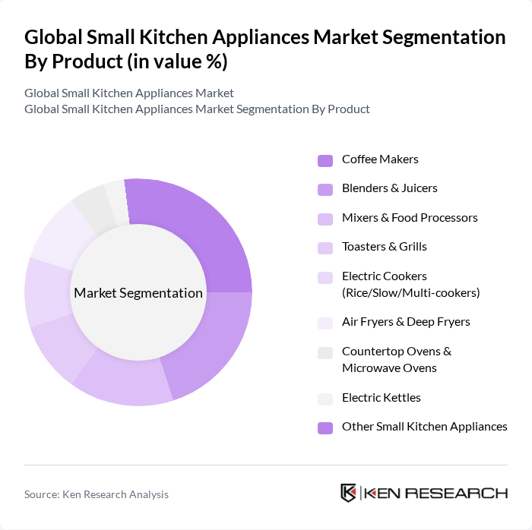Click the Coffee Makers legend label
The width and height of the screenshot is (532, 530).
tap(380, 159)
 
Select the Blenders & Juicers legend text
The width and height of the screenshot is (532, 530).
tap(389, 188)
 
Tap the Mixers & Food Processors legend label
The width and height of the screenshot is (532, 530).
tap(410, 218)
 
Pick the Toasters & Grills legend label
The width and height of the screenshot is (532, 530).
tap(384, 247)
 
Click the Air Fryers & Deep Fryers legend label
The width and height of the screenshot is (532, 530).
tap(406, 322)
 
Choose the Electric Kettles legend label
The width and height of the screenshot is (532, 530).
tap(381, 398)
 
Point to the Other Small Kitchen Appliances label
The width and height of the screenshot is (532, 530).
tap(424, 427)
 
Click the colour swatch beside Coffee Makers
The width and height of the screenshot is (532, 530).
tap(325, 160)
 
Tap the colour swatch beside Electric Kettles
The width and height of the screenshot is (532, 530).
tap(325, 399)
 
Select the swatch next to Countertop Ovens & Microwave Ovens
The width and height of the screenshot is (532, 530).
tap(325, 352)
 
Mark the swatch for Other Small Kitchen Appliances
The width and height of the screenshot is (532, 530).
tap(325, 427)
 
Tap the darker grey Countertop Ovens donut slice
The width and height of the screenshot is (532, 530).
tap(92, 206)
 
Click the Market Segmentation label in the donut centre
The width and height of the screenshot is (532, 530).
tap(138, 293)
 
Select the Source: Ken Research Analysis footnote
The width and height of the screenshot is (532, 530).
tap(97, 494)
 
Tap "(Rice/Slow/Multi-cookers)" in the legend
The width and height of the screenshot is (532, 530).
tap(410, 292)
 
